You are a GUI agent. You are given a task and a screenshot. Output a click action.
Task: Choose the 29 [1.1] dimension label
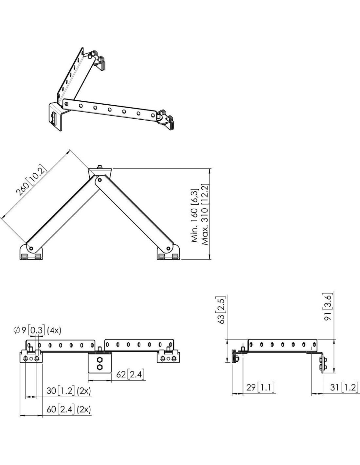(x=261, y=387)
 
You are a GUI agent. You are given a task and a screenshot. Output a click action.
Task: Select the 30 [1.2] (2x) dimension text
(x=69, y=391)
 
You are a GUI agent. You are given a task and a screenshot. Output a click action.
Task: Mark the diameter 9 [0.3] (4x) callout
(x=37, y=331)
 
